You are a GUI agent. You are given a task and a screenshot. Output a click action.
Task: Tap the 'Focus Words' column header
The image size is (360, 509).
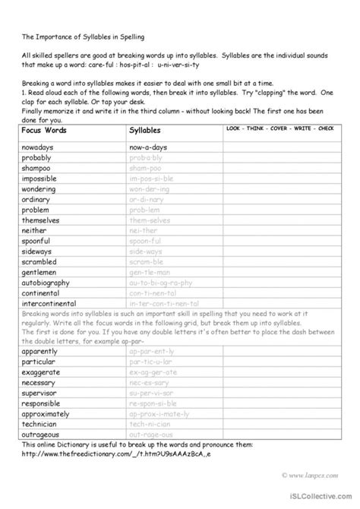(x=45, y=131)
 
